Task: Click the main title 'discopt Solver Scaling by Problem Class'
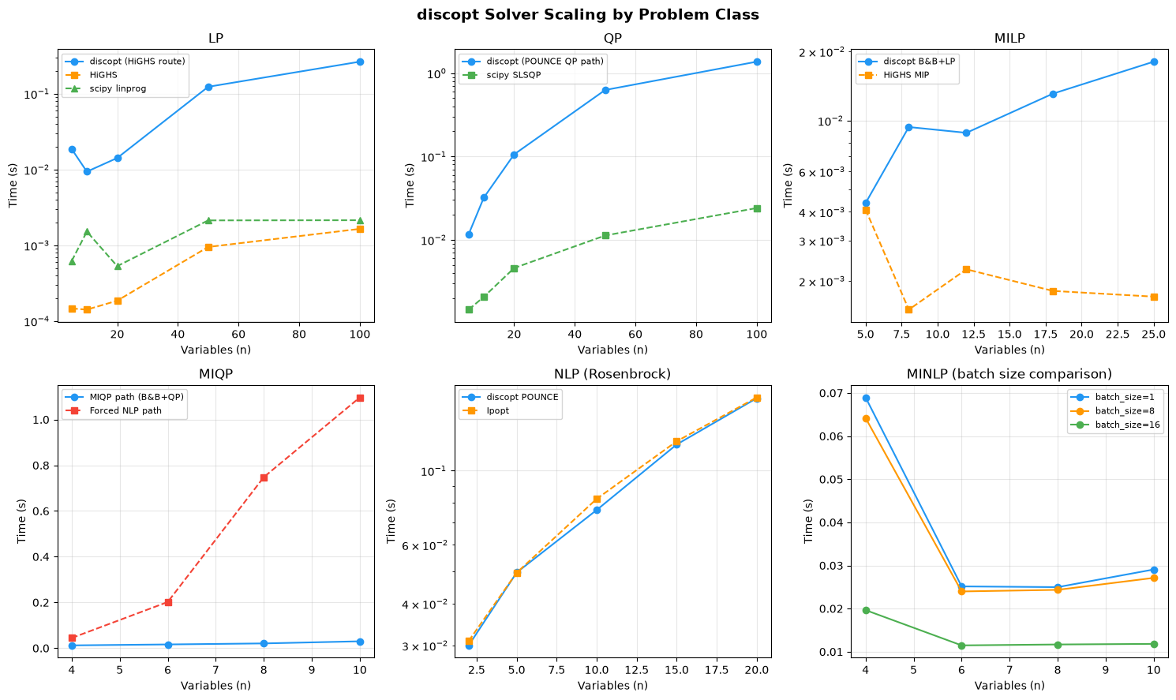587,15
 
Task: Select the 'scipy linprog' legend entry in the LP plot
118,88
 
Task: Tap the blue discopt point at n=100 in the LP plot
360,62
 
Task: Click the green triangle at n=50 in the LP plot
208,220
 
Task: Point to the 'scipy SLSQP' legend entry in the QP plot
514,75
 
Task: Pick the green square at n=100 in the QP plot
757,208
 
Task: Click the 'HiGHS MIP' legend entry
906,75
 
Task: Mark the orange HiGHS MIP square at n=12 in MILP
966,269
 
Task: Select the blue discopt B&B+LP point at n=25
1154,62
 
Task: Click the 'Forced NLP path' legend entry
125,410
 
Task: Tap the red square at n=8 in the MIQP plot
264,478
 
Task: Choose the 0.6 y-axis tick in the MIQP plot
42,511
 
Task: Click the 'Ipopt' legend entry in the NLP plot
498,410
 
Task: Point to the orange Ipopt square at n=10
597,499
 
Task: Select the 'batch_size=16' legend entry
1128,425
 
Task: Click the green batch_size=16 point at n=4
866,610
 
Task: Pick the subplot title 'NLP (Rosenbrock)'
612,374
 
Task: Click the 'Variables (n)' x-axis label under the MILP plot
1009,350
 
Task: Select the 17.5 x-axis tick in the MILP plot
1053,334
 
